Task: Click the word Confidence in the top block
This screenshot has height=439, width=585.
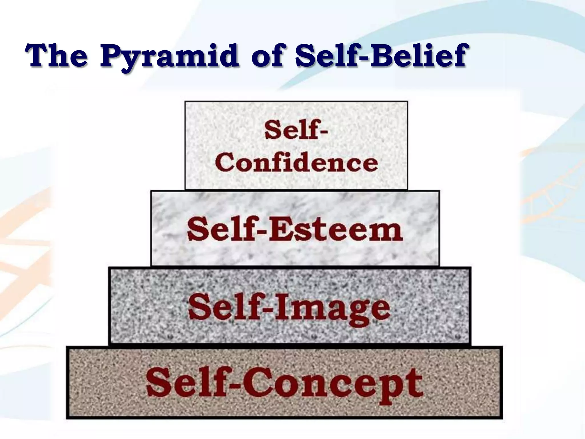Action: [297, 163]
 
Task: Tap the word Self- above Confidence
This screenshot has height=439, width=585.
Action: [296, 131]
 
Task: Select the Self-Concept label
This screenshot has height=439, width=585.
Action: [284, 382]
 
